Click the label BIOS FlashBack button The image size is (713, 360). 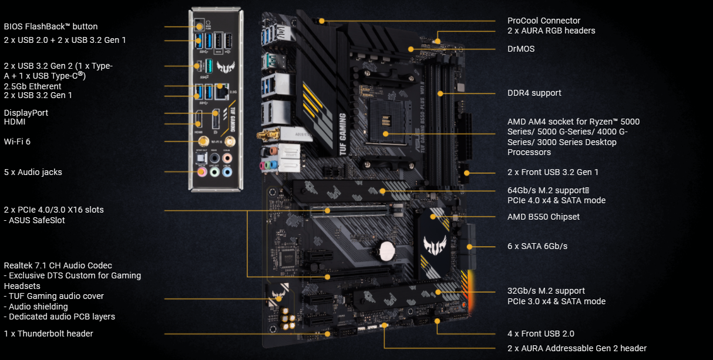click(51, 26)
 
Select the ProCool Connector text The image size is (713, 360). click(544, 21)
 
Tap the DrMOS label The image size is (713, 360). click(521, 49)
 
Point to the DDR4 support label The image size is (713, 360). click(534, 93)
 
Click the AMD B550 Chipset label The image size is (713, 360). click(543, 217)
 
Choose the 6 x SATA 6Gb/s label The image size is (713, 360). click(537, 246)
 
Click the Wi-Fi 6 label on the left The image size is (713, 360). click(17, 142)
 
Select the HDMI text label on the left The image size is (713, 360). click(15, 122)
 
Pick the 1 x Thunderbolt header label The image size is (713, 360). click(48, 334)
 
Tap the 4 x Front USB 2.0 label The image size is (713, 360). click(541, 334)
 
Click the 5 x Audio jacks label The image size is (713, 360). click(33, 172)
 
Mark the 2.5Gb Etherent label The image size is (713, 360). click(32, 86)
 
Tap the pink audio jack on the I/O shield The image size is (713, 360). click(202, 172)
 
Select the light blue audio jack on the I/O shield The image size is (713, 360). click(228, 172)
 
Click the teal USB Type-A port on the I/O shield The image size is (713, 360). click(209, 66)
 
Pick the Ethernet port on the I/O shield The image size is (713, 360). click(222, 91)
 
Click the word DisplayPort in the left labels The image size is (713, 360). click(26, 113)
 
